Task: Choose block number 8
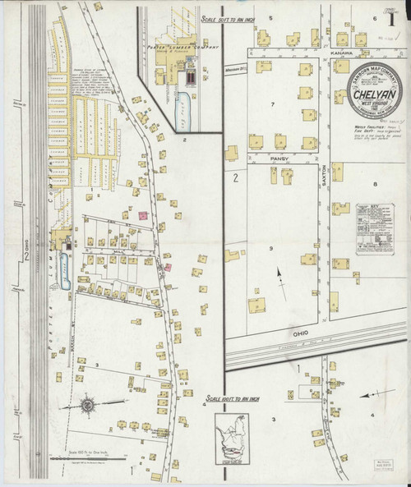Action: [374, 184]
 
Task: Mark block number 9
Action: [270, 247]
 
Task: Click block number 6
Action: [374, 17]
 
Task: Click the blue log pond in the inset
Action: [182, 107]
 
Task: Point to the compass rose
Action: [90, 405]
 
